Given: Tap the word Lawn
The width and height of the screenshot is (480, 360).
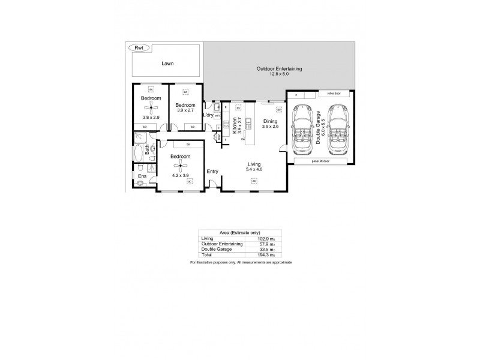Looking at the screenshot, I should [x=167, y=63].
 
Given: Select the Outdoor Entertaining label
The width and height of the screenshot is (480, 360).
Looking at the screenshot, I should [x=279, y=68].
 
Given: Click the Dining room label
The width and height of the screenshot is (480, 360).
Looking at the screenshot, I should [x=270, y=121].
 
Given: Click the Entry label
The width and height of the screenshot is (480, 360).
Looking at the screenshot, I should [x=212, y=172].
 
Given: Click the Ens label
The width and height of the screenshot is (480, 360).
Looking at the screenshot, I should [x=142, y=176].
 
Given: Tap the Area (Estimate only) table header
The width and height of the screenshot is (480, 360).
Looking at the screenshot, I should [x=240, y=233].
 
